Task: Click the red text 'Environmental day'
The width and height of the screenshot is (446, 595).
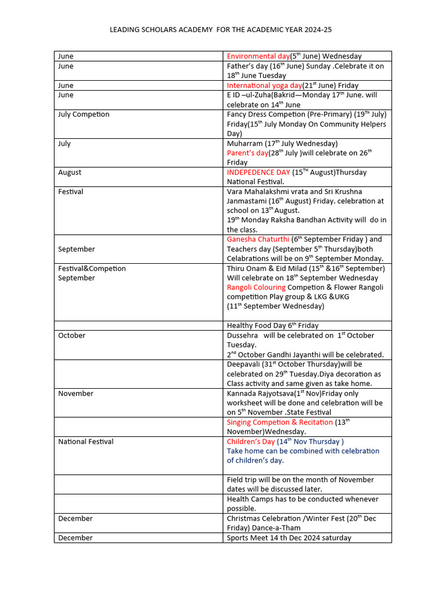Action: pyautogui.click(x=258, y=56)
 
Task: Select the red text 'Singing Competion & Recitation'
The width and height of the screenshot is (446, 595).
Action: pyautogui.click(x=280, y=422)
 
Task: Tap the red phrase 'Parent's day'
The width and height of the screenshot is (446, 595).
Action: pyautogui.click(x=247, y=153)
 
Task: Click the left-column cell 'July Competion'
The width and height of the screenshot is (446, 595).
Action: pyautogui.click(x=84, y=114)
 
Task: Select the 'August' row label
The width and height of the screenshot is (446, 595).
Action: pyautogui.click(x=70, y=173)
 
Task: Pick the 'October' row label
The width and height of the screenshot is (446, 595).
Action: pyautogui.click(x=71, y=336)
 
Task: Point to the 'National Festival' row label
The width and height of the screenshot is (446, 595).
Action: pyautogui.click(x=85, y=442)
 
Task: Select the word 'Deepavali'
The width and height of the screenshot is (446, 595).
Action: pyautogui.click(x=243, y=365)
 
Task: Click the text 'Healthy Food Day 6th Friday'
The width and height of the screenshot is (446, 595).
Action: pyautogui.click(x=272, y=326)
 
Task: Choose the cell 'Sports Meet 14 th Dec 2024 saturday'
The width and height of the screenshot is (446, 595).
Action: pyautogui.click(x=289, y=538)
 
